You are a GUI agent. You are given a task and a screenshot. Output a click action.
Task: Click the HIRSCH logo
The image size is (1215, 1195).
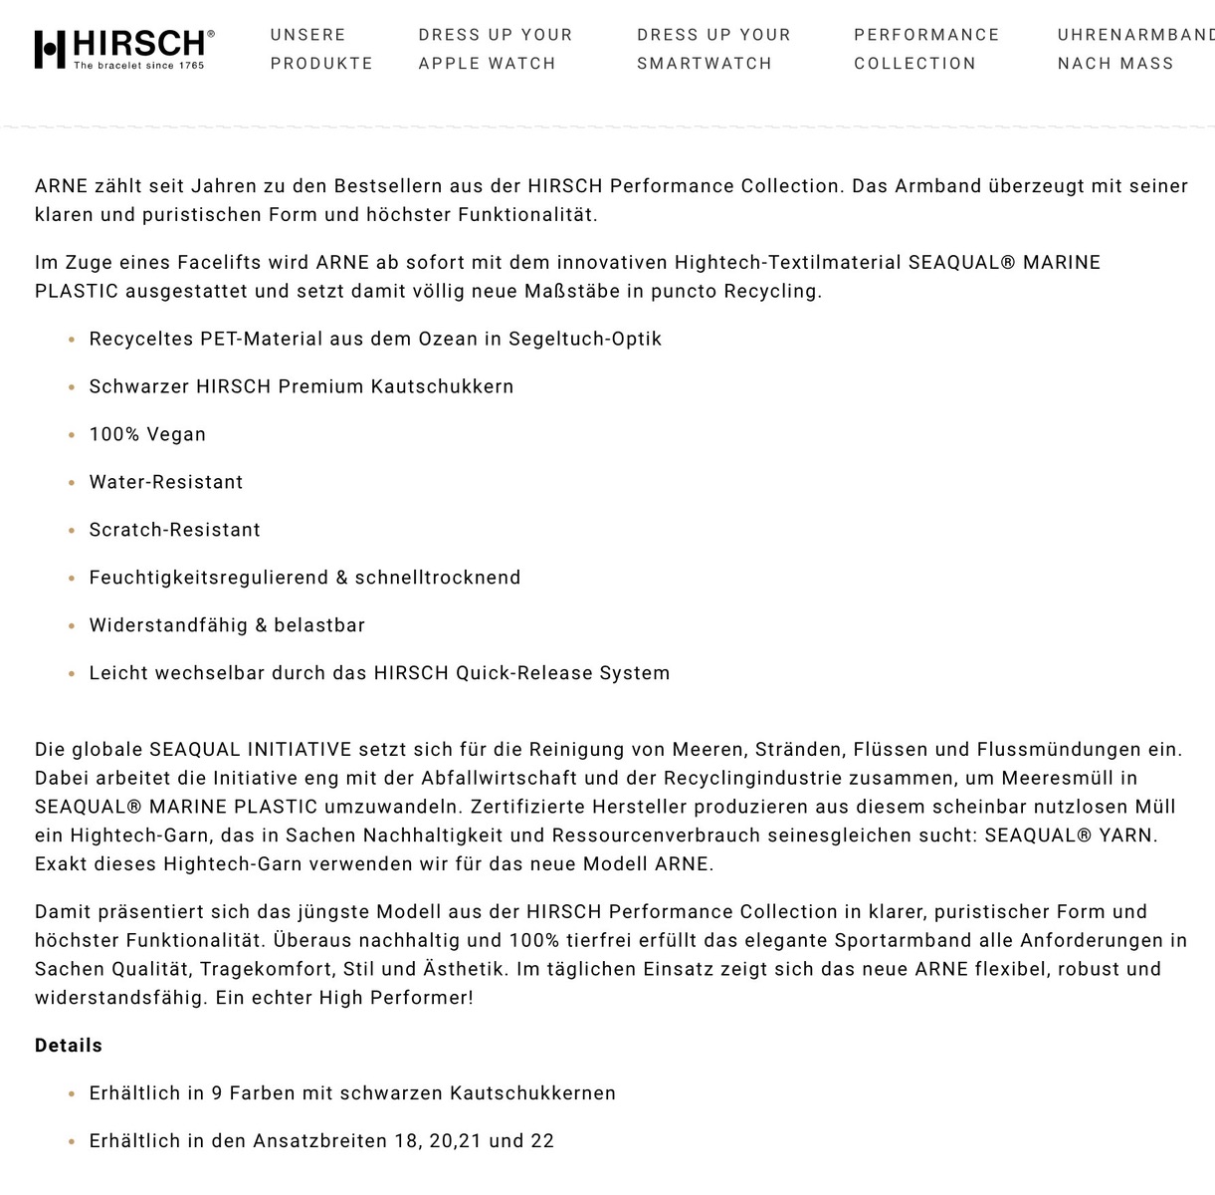click(x=124, y=49)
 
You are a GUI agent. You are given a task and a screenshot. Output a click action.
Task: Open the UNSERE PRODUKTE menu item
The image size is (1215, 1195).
click(x=321, y=49)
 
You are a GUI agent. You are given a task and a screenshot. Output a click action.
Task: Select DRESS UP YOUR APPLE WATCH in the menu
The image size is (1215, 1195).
click(x=496, y=49)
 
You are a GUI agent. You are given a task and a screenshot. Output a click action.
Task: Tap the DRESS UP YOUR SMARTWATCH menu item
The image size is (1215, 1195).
click(x=713, y=49)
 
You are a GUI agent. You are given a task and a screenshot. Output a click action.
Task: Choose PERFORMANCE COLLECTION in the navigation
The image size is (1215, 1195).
click(x=926, y=49)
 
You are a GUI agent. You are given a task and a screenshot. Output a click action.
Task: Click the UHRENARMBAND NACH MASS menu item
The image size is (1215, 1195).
click(x=1134, y=49)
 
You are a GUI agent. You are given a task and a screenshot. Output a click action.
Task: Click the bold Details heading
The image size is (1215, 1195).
click(x=69, y=1046)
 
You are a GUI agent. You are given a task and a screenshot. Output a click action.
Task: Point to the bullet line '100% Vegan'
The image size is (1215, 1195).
click(x=147, y=434)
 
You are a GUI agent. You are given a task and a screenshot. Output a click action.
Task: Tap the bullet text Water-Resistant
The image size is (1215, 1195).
click(x=166, y=482)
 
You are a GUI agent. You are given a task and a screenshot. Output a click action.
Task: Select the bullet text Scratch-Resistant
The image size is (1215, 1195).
click(x=175, y=530)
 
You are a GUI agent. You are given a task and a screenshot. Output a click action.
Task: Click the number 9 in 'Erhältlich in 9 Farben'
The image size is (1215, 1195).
click(x=217, y=1093)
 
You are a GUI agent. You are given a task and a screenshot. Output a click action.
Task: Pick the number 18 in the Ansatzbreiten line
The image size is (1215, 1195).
click(x=407, y=1141)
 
